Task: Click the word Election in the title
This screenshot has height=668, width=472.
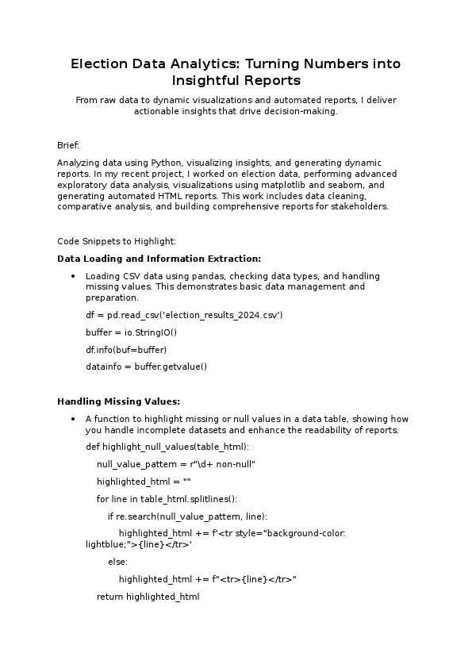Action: point(98,63)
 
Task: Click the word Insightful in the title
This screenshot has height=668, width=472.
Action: point(203,81)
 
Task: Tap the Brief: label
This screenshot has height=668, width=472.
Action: point(68,145)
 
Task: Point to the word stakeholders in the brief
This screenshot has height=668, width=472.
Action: point(361,207)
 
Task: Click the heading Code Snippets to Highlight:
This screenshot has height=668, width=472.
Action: point(117,241)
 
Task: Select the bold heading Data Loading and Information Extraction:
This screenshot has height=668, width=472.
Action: point(159,259)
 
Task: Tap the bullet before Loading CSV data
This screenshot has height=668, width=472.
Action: point(73,276)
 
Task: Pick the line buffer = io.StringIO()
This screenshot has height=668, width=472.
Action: point(132,332)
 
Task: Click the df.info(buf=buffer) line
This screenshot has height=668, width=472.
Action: point(126,350)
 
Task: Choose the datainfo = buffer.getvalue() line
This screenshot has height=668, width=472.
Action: point(146,367)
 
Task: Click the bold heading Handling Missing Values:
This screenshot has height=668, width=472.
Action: point(118,401)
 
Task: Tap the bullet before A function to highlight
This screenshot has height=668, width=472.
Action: point(73,419)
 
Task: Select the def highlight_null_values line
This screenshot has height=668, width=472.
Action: point(167,447)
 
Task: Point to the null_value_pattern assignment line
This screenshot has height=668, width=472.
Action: point(176,464)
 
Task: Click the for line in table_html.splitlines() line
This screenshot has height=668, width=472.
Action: point(167,499)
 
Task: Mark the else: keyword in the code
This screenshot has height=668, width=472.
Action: point(117,562)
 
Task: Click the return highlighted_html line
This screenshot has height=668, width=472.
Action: point(148,597)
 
